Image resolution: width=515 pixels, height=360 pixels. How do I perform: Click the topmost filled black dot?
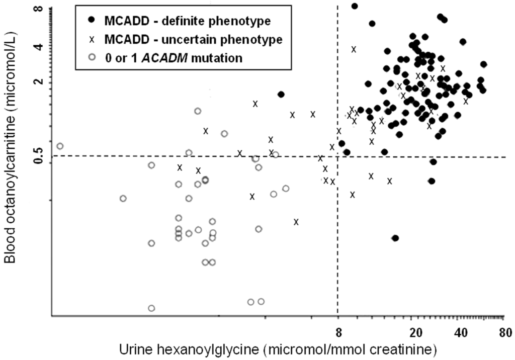tap(354, 6)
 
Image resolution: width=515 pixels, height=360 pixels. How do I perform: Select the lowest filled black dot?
tap(395, 238)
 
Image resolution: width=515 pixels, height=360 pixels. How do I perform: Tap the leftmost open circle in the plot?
tap(60, 146)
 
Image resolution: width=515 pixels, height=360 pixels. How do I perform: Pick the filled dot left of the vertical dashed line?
tap(281, 94)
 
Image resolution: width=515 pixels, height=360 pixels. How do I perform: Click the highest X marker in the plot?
tap(354, 49)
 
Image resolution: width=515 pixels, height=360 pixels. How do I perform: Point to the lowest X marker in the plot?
tap(296, 222)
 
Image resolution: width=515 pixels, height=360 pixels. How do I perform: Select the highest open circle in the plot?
tap(198, 111)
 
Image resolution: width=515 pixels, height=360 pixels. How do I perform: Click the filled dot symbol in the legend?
tap(91, 20)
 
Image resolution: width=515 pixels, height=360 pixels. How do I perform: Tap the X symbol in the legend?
tap(91, 39)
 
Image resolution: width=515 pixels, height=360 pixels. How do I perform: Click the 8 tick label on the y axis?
tap(42, 9)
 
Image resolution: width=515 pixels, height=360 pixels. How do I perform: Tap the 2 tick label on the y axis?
tap(42, 82)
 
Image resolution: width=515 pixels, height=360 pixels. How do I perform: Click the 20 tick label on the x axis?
tap(415, 332)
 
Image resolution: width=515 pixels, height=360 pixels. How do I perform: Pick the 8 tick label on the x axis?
tap(338, 332)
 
